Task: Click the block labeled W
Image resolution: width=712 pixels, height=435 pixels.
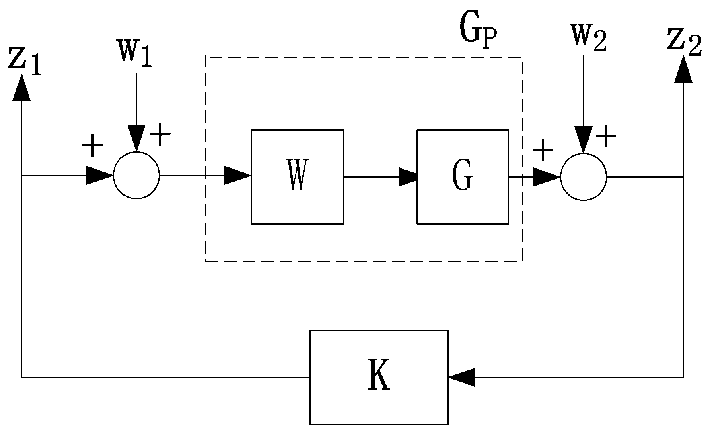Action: (x=297, y=176)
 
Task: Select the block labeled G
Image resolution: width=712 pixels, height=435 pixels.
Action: (x=462, y=176)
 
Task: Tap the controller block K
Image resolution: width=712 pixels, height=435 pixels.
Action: (x=379, y=377)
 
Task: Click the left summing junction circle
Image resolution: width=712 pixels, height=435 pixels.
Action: (x=136, y=176)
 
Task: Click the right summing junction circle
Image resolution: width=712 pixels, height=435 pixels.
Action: (x=583, y=176)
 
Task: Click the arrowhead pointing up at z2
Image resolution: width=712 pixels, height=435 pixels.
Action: (x=683, y=69)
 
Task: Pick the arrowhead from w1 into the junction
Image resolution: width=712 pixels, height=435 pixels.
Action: (x=136, y=138)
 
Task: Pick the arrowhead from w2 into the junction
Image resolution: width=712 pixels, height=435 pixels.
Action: (x=583, y=139)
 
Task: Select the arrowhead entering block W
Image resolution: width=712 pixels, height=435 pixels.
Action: (x=237, y=176)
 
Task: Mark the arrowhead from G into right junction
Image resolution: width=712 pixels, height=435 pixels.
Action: (x=546, y=177)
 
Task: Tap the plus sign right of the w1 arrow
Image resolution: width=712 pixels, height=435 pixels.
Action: (x=160, y=135)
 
